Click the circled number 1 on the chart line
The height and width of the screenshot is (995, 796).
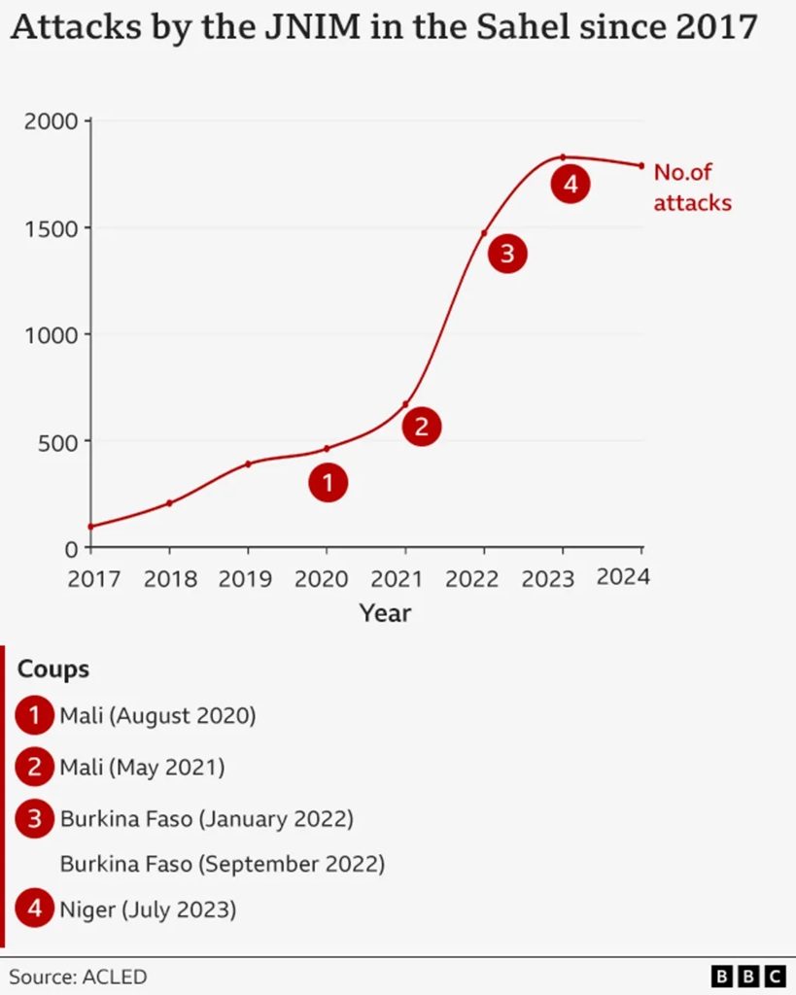(328, 482)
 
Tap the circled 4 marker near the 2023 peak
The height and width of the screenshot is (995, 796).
(571, 184)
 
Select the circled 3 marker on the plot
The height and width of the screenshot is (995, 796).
(506, 255)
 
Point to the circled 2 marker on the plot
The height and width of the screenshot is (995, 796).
(421, 426)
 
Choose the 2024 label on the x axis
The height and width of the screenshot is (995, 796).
(623, 576)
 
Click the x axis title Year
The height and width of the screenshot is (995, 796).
(385, 613)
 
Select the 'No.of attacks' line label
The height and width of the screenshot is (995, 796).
(691, 188)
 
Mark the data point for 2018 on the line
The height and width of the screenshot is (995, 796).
(169, 502)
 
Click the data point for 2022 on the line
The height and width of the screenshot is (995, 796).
(484, 233)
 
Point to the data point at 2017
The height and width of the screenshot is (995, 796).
(91, 527)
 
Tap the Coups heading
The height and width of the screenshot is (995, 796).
(53, 669)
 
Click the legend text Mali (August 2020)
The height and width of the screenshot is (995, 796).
(157, 717)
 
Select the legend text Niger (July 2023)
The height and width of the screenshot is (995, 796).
(148, 910)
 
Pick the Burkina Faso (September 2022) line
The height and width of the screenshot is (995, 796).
(223, 863)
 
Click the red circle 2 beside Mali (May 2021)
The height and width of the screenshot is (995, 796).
(34, 768)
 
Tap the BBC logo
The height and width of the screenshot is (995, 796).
(748, 976)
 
